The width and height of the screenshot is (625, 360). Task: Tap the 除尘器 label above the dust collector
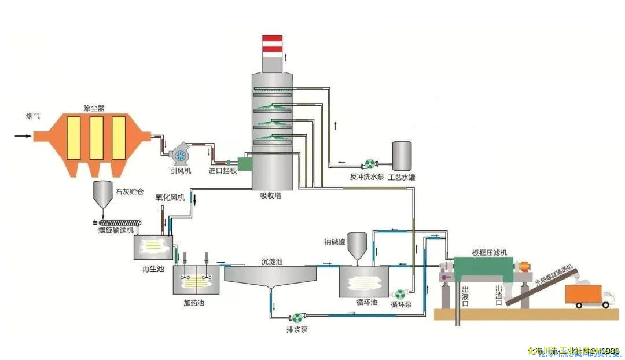[x=94, y=108]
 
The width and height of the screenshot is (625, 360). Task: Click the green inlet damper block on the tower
[x=245, y=164]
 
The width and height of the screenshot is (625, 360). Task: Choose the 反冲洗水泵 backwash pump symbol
[x=367, y=164]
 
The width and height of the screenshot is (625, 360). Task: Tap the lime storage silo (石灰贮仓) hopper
[x=103, y=194]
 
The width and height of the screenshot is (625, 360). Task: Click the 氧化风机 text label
[x=170, y=197]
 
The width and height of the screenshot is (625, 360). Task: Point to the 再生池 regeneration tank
[x=153, y=247]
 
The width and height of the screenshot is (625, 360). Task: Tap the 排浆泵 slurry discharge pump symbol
[x=297, y=317]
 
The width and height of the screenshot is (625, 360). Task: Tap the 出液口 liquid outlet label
[x=465, y=295]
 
